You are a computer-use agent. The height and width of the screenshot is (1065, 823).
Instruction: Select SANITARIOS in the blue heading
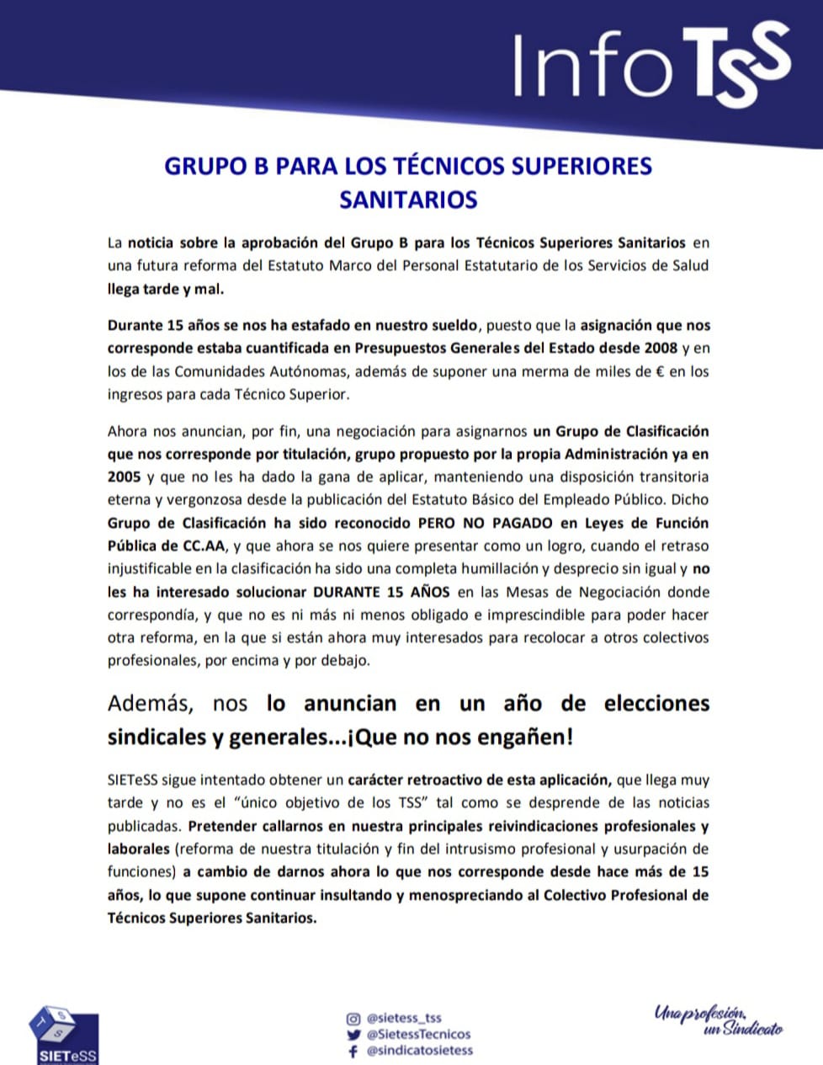[408, 200]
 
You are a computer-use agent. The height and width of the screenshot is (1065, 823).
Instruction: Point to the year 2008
[661, 348]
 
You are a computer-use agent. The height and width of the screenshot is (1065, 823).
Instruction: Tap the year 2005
[124, 477]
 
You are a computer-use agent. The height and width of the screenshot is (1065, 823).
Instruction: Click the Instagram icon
[353, 1018]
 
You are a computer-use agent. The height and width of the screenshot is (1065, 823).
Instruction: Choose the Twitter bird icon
[353, 1034]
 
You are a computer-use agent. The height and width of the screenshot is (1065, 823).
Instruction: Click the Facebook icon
[353, 1051]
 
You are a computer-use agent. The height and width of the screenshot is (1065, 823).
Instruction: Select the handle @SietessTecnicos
[419, 1034]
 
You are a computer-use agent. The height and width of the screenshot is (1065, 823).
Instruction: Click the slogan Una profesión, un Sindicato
[718, 1020]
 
